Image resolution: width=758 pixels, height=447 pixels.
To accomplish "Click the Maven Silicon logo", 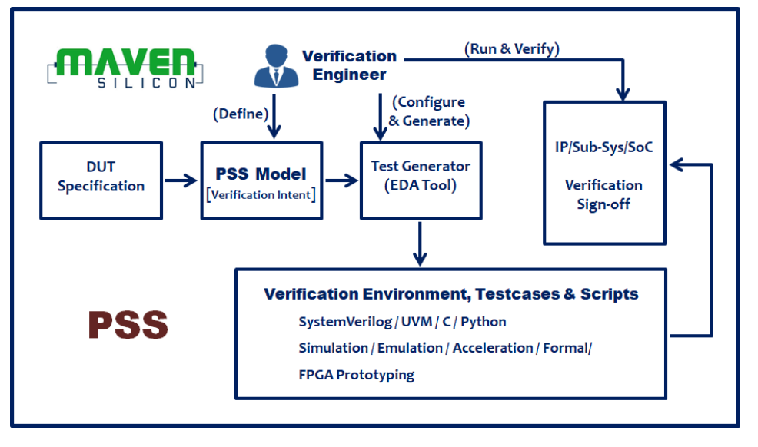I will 125,68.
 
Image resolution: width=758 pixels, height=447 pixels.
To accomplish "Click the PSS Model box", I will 261,180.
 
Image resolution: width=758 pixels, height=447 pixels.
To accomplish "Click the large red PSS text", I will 128,325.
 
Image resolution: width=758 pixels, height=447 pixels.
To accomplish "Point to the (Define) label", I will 241,114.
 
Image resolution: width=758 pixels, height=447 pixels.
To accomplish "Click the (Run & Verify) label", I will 511,49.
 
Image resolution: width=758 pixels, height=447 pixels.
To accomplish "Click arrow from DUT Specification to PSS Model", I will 181,180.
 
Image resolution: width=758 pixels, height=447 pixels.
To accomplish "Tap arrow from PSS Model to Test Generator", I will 341,180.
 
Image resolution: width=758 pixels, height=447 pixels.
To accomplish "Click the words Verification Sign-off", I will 603,195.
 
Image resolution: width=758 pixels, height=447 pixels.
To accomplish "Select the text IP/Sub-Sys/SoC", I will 603,147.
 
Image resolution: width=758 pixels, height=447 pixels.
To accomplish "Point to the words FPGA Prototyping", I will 357,375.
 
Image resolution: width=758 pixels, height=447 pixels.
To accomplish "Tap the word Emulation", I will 410,348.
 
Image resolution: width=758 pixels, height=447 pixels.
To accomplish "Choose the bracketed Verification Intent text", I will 261,194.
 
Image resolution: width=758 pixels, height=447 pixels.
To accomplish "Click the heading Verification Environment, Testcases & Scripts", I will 450,294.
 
